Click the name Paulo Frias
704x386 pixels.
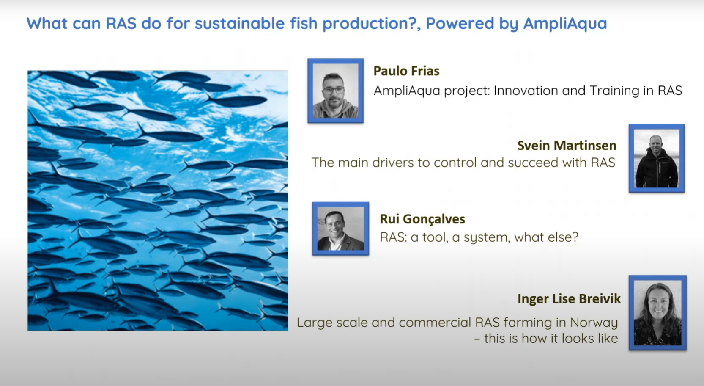406,71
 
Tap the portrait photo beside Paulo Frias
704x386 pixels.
335,91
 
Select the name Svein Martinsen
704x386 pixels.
567,146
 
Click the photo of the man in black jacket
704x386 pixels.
656,159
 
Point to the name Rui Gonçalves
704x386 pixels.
422,219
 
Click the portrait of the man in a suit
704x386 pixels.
340,229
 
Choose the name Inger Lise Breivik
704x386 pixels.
569,299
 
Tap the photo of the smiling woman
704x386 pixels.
657,313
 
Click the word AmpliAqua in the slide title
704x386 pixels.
564,24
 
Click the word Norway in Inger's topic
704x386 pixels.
594,323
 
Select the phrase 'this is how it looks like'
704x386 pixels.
551,339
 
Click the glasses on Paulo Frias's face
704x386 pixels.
334,90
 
